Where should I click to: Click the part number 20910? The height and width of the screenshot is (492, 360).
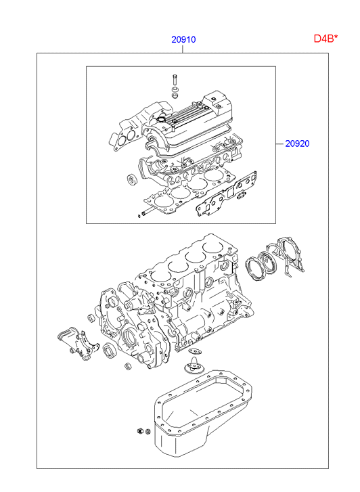click(183, 39)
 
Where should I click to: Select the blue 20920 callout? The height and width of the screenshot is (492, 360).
click(297, 143)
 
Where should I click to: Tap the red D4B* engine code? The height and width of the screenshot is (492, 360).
click(326, 39)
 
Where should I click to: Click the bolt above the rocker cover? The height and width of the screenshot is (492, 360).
click(175, 80)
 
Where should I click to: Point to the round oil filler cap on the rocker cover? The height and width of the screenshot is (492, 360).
click(161, 120)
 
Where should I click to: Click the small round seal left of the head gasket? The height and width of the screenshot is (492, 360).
click(131, 179)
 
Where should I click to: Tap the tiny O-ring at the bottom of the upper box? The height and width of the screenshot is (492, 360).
click(139, 216)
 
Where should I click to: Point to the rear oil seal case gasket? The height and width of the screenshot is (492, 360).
click(286, 256)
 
